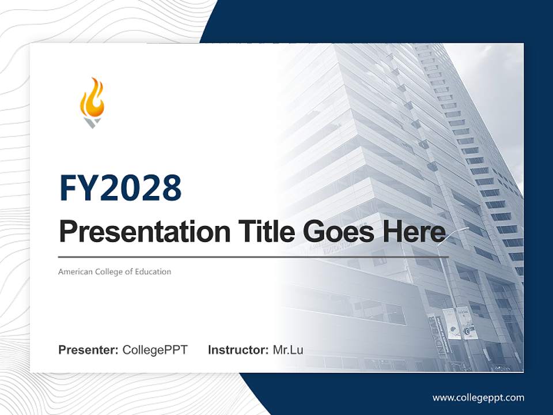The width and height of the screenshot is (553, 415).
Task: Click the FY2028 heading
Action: click(x=120, y=188)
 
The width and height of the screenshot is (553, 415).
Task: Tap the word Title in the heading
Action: click(x=261, y=232)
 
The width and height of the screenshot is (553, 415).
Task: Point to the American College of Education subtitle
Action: click(x=115, y=271)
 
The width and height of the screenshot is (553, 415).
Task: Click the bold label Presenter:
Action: click(x=89, y=350)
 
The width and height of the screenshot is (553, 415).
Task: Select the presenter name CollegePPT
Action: click(x=155, y=350)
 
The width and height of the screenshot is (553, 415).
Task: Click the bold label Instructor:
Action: click(x=238, y=350)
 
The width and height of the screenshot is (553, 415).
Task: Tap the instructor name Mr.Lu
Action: click(x=287, y=350)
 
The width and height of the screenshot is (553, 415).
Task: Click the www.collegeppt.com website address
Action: click(x=478, y=397)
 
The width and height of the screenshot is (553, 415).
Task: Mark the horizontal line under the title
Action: click(x=253, y=256)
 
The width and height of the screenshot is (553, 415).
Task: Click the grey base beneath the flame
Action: click(x=92, y=122)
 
